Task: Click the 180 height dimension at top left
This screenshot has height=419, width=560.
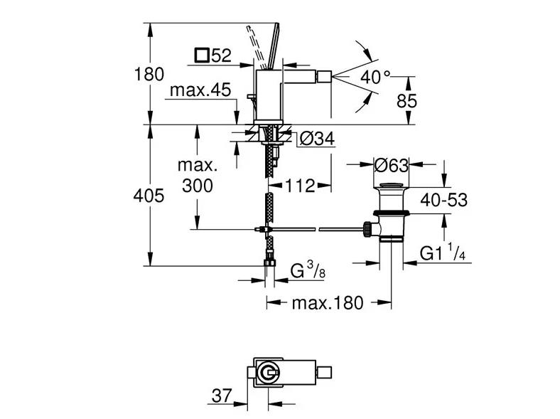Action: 149,75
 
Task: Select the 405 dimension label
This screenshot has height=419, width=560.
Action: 149,196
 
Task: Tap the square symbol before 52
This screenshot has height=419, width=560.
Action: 202,55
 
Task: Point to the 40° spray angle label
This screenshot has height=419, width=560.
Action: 375,77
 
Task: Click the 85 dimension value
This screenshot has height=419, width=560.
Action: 406,101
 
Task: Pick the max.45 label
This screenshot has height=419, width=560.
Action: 200,90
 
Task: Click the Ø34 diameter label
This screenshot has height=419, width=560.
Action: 317,139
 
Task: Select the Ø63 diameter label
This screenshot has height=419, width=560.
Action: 392,165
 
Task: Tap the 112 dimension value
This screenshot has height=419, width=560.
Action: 300,186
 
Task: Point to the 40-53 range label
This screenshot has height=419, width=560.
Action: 443,200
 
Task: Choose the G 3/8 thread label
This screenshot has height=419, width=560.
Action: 308,270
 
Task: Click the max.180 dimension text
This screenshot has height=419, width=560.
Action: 328,303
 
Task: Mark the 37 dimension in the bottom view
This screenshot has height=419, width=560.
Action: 222,396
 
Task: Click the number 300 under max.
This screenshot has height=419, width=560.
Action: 197,186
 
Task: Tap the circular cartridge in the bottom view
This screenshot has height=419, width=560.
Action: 266,373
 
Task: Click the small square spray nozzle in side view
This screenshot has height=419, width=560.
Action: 324,78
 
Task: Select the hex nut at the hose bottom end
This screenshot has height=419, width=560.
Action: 270,262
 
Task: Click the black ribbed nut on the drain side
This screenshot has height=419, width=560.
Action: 367,229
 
